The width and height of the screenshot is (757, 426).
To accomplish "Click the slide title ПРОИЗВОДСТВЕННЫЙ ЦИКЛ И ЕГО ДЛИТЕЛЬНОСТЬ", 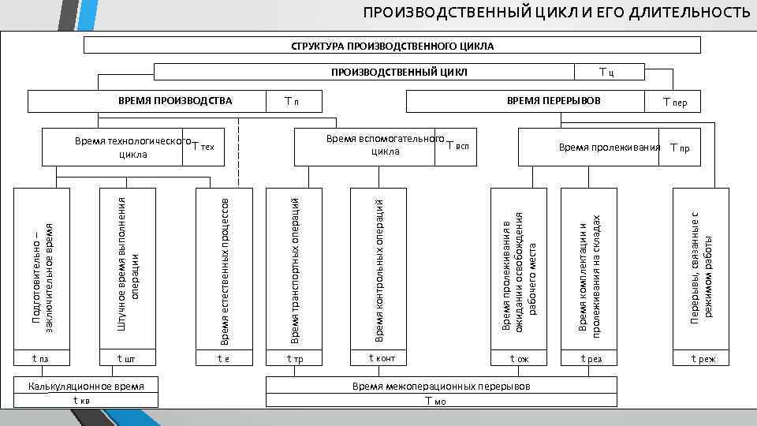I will [x=556, y=13].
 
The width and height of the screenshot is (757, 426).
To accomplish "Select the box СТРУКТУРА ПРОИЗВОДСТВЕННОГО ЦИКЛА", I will [x=387, y=46].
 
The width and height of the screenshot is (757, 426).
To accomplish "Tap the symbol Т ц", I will [x=606, y=73].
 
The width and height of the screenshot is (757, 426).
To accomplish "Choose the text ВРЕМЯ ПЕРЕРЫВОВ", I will [x=553, y=100].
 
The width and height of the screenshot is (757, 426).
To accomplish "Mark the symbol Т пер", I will [x=675, y=102].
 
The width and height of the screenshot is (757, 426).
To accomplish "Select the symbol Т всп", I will [x=457, y=146].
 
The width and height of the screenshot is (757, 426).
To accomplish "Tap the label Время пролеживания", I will [x=609, y=148].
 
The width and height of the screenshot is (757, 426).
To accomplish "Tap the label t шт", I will [x=126, y=358].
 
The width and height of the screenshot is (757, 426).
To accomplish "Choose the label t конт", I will [x=382, y=358].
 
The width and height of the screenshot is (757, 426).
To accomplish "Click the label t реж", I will [x=703, y=359].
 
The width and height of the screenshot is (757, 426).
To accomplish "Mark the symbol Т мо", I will [x=435, y=400].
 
